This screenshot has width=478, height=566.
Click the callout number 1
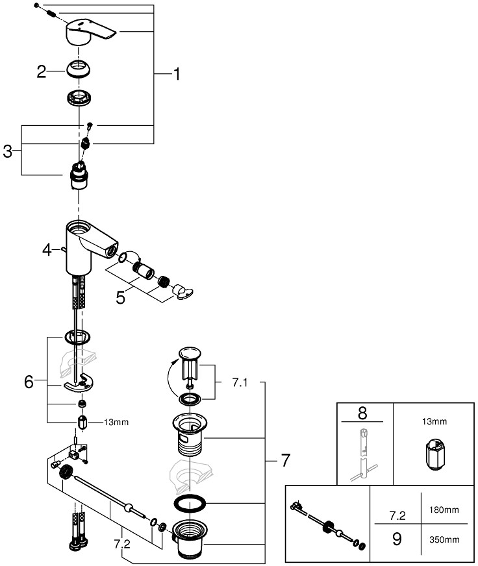[177, 74]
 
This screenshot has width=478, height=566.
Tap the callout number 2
[42, 71]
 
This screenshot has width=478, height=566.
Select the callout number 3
[8, 151]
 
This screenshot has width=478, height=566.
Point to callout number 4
[47, 249]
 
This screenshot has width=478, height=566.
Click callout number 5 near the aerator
[121, 298]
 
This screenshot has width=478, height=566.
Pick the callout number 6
[29, 382]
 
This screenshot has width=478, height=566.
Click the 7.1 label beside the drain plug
[240, 382]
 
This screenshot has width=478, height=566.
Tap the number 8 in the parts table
[362, 413]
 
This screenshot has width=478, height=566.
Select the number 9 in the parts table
[397, 539]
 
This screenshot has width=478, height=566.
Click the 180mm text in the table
[444, 510]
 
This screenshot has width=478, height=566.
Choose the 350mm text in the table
[444, 539]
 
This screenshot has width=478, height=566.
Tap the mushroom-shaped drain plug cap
[190, 353]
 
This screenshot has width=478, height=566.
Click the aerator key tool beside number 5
[182, 291]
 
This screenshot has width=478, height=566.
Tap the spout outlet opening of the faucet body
[113, 249]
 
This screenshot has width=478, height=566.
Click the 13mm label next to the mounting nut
[116, 423]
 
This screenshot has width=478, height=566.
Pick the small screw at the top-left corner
[36, 5]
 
